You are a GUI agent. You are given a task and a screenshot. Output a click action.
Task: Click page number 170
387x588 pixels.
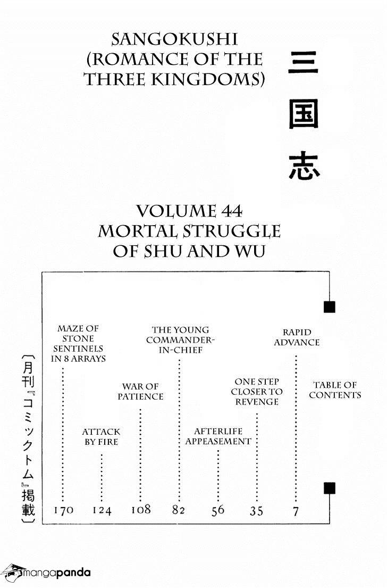(63, 510)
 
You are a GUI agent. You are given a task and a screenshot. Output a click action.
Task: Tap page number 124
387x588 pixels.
(102, 510)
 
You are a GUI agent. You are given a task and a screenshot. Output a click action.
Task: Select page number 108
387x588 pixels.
(141, 510)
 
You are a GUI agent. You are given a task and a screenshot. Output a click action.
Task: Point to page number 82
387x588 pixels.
(178, 510)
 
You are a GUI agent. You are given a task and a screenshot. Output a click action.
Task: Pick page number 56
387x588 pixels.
(217, 510)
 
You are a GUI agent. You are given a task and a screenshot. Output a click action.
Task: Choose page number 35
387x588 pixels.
(256, 511)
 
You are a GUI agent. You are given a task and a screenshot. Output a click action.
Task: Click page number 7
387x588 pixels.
(296, 511)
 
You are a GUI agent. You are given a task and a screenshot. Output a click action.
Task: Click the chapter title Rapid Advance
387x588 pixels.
(296, 337)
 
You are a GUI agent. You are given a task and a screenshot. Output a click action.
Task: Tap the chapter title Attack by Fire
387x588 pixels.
(101, 437)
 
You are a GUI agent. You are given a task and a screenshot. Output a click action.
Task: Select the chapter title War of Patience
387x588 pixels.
(140, 391)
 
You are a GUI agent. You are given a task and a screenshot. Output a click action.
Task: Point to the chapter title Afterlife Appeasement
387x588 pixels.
(218, 436)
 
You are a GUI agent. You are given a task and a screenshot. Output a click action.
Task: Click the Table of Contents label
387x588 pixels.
(335, 390)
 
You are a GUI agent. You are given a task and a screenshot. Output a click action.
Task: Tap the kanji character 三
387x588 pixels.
(304, 63)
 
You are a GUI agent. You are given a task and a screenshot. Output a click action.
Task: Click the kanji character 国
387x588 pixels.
(304, 114)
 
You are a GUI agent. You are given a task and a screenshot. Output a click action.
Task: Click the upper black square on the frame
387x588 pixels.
(329, 307)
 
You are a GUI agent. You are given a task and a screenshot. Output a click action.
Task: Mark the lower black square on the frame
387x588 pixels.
(329, 488)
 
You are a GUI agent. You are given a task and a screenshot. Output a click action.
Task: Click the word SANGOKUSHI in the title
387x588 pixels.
(174, 39)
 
